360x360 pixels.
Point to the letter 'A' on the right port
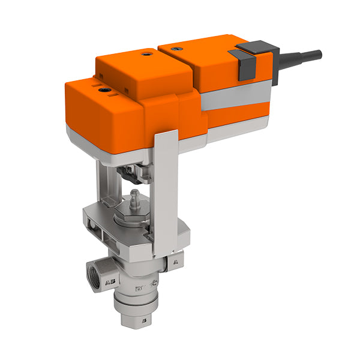[x=175, y=262]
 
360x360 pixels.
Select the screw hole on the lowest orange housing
[x=106, y=91]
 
